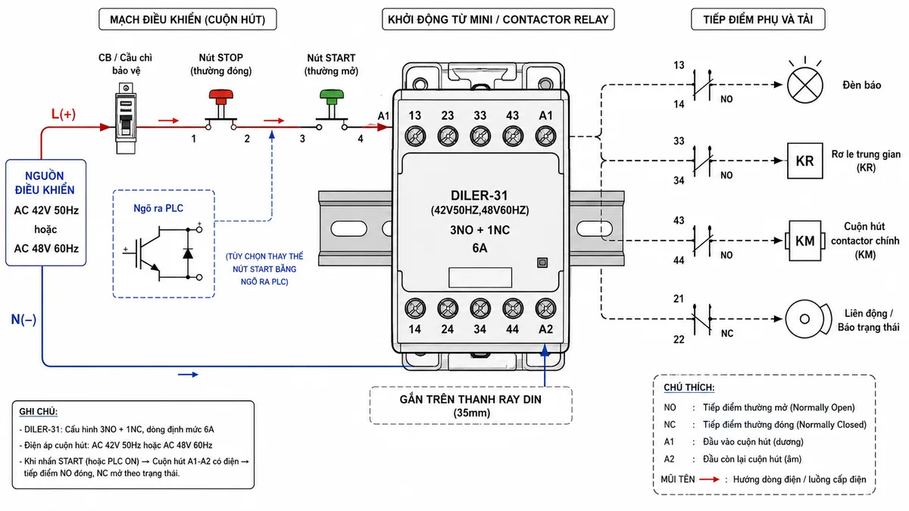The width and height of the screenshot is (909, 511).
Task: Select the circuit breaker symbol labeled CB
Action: click(126, 118)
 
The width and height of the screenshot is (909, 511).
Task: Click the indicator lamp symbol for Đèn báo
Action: click(805, 85)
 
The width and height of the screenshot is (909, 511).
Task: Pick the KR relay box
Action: click(805, 160)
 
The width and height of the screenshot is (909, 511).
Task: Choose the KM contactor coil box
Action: click(805, 241)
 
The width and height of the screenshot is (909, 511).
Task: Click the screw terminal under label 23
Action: click(448, 136)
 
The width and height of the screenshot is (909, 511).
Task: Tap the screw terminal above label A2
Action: click(545, 309)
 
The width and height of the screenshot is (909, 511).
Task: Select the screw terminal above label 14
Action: click(415, 309)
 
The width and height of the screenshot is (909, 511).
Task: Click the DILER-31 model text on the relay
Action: click(479, 195)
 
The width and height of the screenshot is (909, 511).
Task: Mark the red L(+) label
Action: click(64, 114)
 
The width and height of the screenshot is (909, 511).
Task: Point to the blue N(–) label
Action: click(23, 319)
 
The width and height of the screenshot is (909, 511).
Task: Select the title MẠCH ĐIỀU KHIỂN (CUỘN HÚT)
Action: click(188, 20)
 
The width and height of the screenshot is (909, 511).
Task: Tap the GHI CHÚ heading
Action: click(38, 412)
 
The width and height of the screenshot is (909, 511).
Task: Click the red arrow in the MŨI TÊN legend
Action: click(709, 479)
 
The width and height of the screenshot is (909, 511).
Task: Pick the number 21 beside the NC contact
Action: click(679, 299)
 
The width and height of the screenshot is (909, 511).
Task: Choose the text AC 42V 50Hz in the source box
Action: click(46, 210)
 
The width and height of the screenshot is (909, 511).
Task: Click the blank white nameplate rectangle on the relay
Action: click(480, 277)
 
